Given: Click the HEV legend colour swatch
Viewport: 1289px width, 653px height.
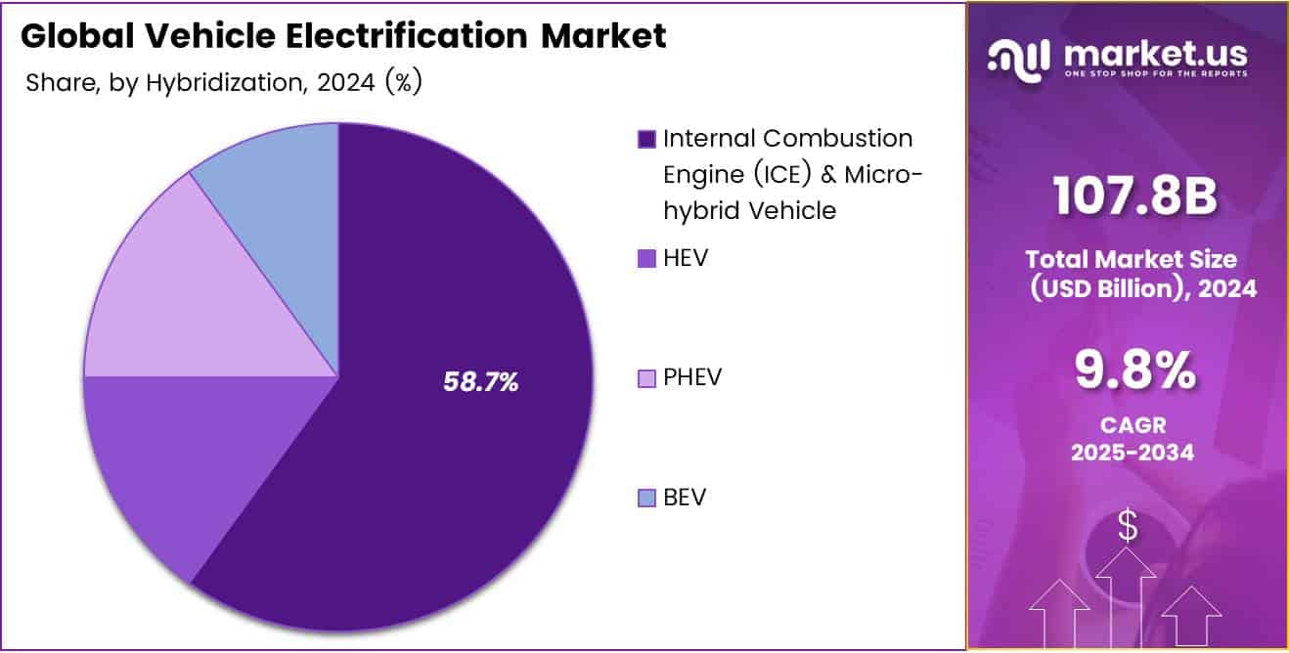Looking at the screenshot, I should (645, 259).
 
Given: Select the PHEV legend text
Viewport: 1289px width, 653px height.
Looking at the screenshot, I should (692, 377).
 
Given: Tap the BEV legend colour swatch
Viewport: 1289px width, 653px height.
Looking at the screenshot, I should (645, 499).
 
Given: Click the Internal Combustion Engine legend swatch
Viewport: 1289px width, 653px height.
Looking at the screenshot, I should (645, 139).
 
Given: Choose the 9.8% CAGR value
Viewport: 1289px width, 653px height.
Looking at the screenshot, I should (1134, 370).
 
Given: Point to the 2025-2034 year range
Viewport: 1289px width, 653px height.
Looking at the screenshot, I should (1133, 453).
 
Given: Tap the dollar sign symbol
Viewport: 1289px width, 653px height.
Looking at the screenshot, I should (1128, 527).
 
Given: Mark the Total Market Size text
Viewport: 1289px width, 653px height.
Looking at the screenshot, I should (1131, 259).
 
